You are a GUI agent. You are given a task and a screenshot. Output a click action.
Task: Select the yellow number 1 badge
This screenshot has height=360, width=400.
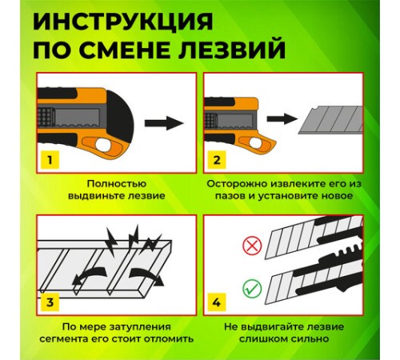(50, 160)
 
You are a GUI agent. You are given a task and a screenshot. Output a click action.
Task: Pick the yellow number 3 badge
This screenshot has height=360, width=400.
(50, 302)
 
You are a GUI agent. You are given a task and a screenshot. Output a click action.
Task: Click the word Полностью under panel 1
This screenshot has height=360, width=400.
(117, 183)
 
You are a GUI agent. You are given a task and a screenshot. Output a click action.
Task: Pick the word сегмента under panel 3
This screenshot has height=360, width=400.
(79, 339)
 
